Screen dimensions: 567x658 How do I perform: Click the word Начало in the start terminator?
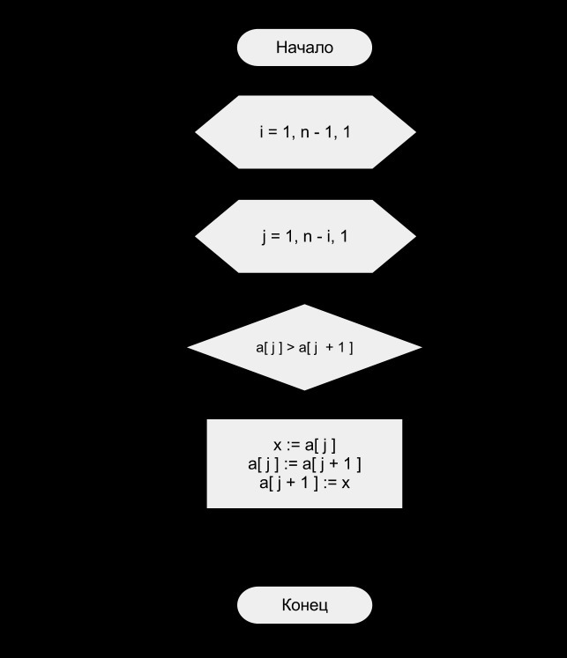click(x=304, y=48)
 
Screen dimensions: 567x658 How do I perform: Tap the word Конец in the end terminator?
click(x=304, y=605)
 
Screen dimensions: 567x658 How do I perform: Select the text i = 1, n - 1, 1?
click(x=304, y=132)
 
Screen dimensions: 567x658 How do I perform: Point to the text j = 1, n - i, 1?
click(x=304, y=237)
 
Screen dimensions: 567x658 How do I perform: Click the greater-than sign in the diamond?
click(x=290, y=347)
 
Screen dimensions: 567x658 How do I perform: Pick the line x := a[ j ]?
click(x=304, y=445)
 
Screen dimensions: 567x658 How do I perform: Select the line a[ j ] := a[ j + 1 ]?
click(x=304, y=464)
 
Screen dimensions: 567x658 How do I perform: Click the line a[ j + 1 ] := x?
click(x=304, y=483)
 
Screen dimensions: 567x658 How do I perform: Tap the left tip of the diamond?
click(x=187, y=347)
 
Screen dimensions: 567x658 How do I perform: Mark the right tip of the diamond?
click(x=422, y=347)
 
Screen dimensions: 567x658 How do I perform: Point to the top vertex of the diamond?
click(x=304, y=305)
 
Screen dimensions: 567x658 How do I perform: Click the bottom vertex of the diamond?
click(x=304, y=390)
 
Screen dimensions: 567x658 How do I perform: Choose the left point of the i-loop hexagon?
click(x=195, y=132)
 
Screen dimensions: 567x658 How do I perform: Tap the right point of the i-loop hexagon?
click(x=416, y=132)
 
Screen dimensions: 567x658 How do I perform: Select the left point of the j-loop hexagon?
click(x=195, y=236)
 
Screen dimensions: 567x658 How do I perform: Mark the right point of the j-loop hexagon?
click(x=416, y=236)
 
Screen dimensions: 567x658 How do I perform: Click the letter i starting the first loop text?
click(x=262, y=132)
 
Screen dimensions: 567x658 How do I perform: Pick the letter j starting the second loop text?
click(x=264, y=238)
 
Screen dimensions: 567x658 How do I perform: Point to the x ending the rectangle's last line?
click(x=346, y=484)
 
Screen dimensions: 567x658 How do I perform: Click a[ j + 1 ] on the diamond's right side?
click(x=326, y=348)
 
